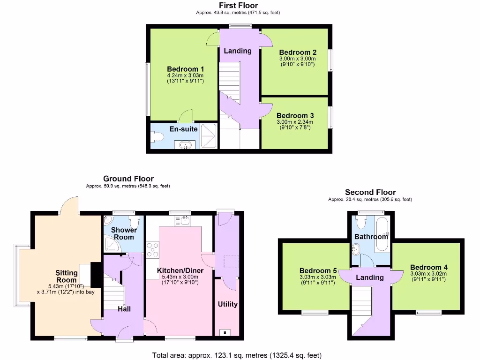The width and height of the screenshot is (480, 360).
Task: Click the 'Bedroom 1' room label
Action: pyautogui.click(x=185, y=69)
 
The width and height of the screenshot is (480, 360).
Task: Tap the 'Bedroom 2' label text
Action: pyautogui.click(x=298, y=52)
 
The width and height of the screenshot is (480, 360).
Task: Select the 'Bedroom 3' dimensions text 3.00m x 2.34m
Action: pyautogui.click(x=295, y=122)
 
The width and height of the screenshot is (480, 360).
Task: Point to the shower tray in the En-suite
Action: pyautogui.click(x=209, y=136)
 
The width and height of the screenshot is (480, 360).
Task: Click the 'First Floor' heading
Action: pyautogui.click(x=238, y=6)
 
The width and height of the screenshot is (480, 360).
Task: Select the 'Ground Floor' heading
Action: pyautogui.click(x=128, y=179)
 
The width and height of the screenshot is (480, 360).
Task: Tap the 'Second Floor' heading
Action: pyautogui.click(x=370, y=192)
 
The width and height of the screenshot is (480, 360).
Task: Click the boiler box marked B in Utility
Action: pyautogui.click(x=225, y=332)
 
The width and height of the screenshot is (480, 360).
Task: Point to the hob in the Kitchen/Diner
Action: pyautogui.click(x=153, y=249)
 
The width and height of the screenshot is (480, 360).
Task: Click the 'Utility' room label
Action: pyautogui.click(x=228, y=304)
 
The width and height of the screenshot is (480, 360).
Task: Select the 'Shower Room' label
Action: pyautogui.click(x=124, y=233)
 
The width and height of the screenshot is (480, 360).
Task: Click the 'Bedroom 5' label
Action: pyautogui.click(x=318, y=271)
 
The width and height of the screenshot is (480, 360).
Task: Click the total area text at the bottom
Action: pyautogui.click(x=237, y=355)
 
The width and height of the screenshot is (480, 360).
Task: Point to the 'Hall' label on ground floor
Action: pyautogui.click(x=124, y=309)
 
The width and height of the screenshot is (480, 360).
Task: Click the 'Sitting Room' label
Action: pyautogui.click(x=67, y=276)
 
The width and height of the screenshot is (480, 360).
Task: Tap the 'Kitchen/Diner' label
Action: pyautogui.click(x=180, y=271)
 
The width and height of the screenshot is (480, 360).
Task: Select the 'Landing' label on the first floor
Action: pyautogui.click(x=237, y=51)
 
